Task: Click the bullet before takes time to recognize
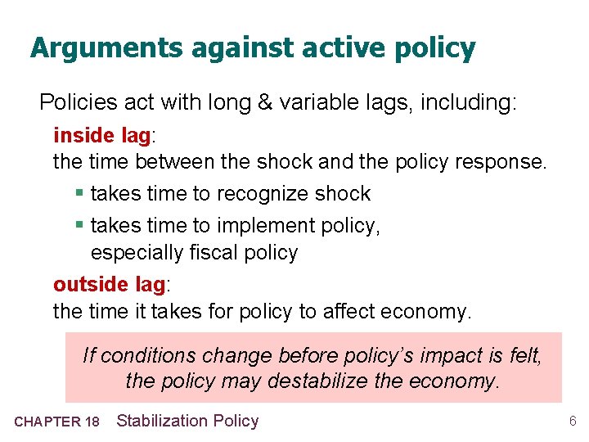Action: (79, 194)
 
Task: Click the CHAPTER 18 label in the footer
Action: (56, 422)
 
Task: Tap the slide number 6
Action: (573, 422)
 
